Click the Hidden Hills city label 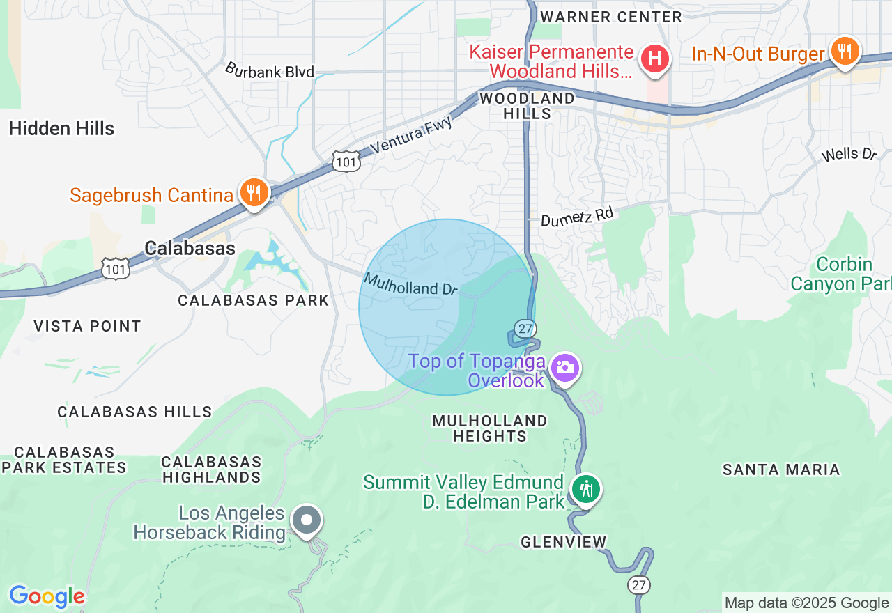point(61,128)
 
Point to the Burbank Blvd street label point(270,70)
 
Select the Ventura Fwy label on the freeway point(411,135)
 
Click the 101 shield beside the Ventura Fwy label point(346,162)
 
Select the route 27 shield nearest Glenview point(639,584)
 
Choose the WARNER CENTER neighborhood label point(611,17)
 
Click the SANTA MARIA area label point(781,470)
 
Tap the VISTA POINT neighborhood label point(87,326)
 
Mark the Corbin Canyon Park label point(840,274)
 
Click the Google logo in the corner point(47,596)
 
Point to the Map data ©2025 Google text point(806,603)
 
